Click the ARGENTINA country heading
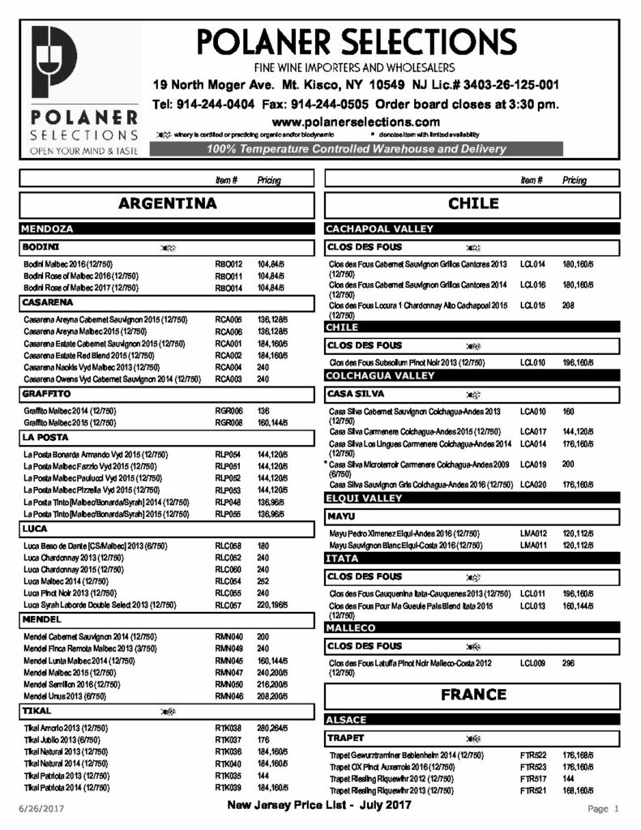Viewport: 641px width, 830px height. click(167, 203)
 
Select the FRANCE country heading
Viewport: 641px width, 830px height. click(473, 695)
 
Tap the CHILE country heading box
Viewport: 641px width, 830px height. click(473, 203)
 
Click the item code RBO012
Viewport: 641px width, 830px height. click(229, 264)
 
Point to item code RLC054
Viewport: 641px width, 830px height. click(229, 582)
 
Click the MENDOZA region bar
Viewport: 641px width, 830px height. click(166, 229)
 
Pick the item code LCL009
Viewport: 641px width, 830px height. click(532, 663)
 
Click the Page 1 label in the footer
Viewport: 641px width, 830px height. click(603, 809)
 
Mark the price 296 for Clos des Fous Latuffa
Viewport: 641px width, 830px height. click(568, 663)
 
